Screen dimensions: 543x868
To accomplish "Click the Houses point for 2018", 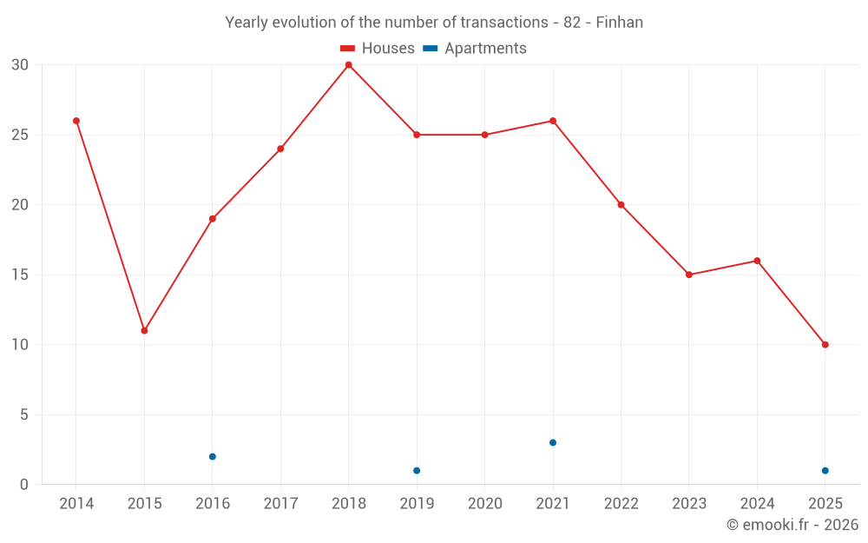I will click(348, 65).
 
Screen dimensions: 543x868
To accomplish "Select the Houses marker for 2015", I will click(144, 330).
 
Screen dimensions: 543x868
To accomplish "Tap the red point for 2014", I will click(76, 121).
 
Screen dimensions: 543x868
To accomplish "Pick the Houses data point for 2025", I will click(825, 345).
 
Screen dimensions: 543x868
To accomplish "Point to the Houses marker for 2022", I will click(621, 205).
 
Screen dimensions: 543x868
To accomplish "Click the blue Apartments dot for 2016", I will click(213, 456).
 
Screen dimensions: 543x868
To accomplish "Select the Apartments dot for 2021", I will click(553, 442).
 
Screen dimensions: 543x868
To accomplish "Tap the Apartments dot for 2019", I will click(417, 471).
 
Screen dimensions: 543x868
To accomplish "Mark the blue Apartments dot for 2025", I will click(825, 471).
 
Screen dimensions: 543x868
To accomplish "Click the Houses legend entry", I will click(378, 49).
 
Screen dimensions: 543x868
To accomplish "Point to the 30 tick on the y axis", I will click(20, 65).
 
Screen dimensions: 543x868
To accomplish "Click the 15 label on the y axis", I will click(20, 275).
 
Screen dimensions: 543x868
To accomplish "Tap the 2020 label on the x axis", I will click(484, 504).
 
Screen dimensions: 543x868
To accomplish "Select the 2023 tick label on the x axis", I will click(689, 504).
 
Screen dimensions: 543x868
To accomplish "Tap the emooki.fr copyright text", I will click(792, 525).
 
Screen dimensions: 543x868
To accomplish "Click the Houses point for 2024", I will click(757, 261).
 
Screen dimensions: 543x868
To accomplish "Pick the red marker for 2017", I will click(280, 149).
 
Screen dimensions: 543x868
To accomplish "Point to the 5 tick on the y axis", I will click(24, 415).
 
